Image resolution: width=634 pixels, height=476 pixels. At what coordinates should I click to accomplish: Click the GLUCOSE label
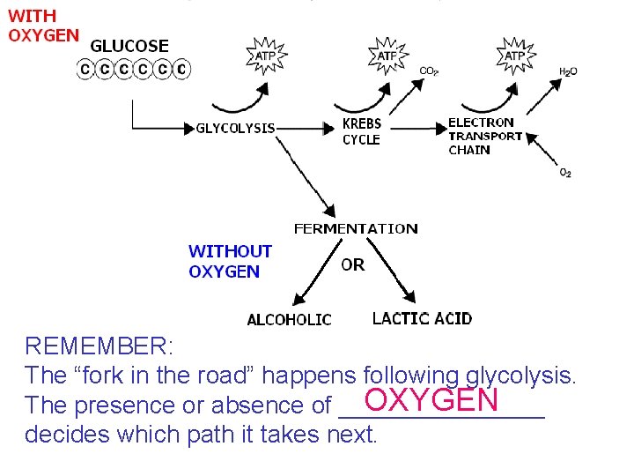(x=130, y=46)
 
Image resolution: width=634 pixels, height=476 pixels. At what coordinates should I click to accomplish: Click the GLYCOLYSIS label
(x=235, y=128)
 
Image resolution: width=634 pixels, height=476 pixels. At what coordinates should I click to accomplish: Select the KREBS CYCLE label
(x=361, y=132)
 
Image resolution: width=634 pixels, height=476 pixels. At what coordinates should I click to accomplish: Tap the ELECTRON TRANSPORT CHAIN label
(x=485, y=136)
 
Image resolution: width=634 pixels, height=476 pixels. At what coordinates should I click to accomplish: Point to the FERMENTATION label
(x=356, y=228)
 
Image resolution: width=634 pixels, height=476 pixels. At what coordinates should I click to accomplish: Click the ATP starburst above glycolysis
(x=265, y=55)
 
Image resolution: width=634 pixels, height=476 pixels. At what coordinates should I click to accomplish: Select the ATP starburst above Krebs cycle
(x=387, y=55)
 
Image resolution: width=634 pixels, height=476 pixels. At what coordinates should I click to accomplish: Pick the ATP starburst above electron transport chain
(x=515, y=55)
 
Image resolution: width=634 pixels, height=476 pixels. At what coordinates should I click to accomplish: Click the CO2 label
(x=429, y=71)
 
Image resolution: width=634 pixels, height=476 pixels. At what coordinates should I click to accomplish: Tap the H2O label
(x=568, y=71)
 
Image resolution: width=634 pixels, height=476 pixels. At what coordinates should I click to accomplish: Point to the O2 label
(x=565, y=173)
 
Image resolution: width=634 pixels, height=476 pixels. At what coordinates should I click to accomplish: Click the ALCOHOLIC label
(x=289, y=320)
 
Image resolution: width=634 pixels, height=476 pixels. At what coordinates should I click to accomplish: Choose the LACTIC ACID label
(x=422, y=318)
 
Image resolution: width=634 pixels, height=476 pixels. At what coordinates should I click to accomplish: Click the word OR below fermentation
(x=352, y=264)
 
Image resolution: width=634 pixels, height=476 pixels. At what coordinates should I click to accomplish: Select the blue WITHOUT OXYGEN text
(x=230, y=262)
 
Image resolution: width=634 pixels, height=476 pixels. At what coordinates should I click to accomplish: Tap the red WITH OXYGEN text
(x=43, y=26)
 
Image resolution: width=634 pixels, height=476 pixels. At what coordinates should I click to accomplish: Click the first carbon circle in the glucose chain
(x=85, y=68)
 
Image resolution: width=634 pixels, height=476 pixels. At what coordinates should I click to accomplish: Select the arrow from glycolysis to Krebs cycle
(x=308, y=128)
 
